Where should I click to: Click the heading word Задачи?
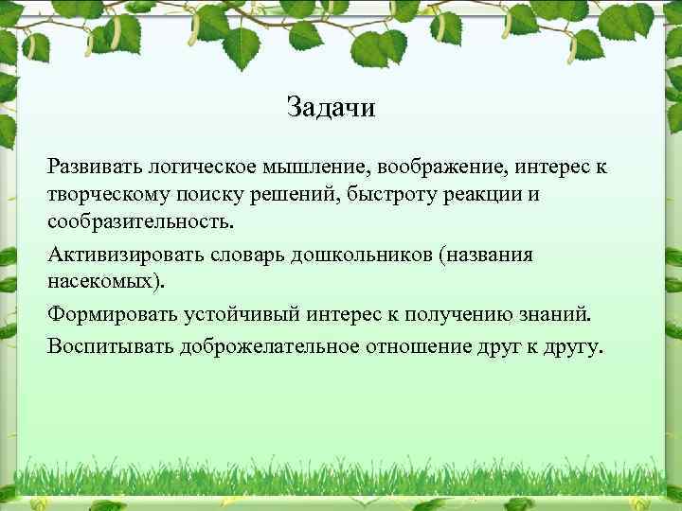331,108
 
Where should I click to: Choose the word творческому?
106,194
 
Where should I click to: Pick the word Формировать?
104,314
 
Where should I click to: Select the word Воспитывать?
105,346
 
